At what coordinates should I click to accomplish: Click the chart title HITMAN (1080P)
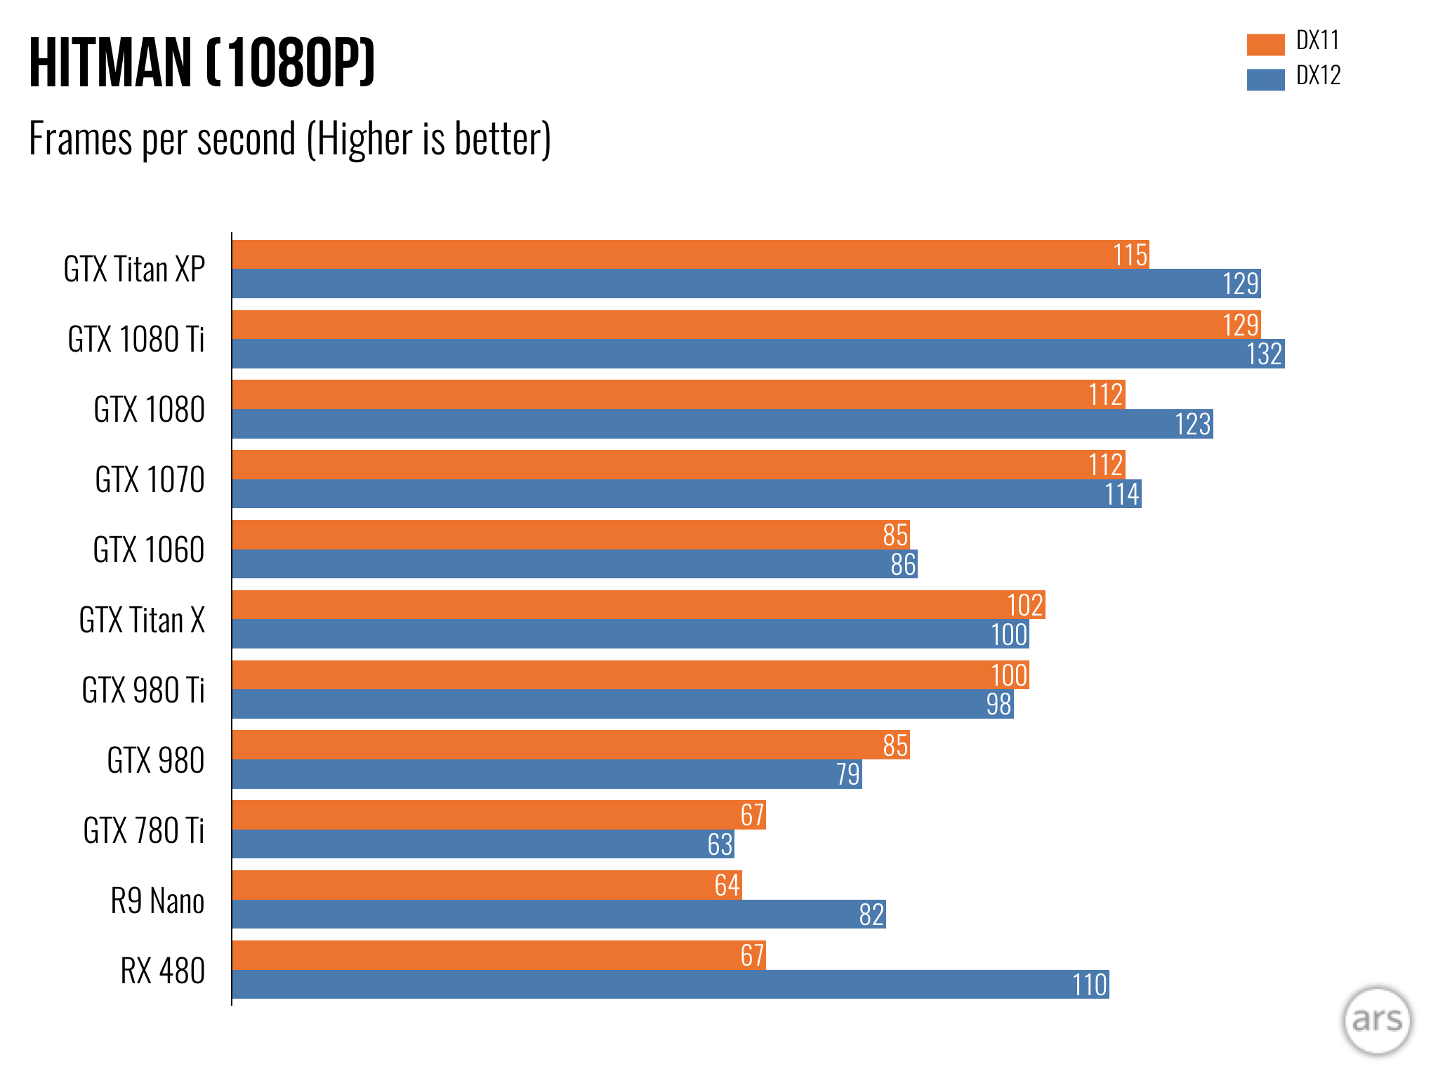202,63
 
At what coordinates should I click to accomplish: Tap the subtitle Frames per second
289,139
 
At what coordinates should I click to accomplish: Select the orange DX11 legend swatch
1265,44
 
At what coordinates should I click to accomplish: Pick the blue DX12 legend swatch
1265,79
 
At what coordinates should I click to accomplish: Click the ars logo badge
1376,1020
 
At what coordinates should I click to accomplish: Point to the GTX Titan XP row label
134,269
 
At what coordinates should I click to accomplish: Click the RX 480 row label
162,971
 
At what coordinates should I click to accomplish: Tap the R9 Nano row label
157,901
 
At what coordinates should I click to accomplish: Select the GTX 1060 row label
149,550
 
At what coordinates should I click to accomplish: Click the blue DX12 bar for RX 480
670,985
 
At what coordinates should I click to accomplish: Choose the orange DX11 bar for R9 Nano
487,885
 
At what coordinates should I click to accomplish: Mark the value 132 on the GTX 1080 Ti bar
1264,354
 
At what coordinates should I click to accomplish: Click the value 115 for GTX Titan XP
1130,255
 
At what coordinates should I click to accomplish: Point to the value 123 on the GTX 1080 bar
1193,424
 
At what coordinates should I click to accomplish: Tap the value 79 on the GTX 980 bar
847,774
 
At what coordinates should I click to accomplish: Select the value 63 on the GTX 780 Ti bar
720,844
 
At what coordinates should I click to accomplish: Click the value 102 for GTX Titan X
1024,605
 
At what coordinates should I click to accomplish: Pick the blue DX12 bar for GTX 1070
686,494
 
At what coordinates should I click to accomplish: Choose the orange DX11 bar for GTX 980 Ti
630,675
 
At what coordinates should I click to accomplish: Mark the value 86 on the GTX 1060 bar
903,564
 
